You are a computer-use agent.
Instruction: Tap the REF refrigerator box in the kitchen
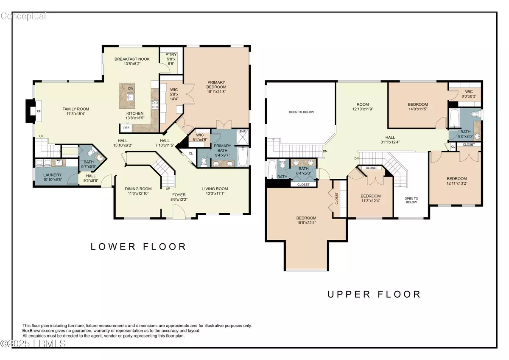pos(126,128)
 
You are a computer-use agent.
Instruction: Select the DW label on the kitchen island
pos(131,89)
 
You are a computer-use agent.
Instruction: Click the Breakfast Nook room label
pos(132,59)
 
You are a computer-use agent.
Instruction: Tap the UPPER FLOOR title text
pos(374,294)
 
